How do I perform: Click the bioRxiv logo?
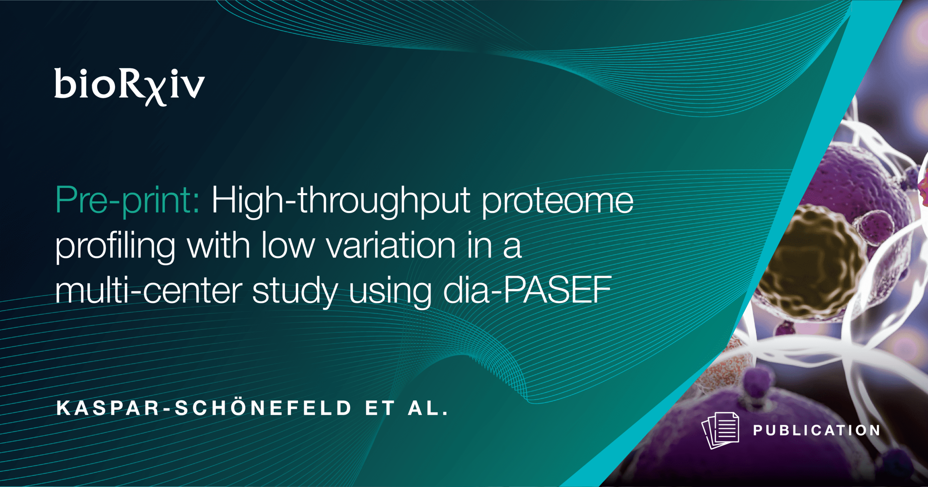pos(129,87)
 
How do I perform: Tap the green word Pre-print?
pos(128,201)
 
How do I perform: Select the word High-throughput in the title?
pos(341,201)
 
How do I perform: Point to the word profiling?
pos(115,247)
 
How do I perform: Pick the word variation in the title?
pos(391,245)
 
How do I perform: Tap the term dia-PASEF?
pos(527,290)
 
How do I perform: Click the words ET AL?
pos(407,408)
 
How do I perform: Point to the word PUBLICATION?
pos(817,430)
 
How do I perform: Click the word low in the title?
pos(288,245)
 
